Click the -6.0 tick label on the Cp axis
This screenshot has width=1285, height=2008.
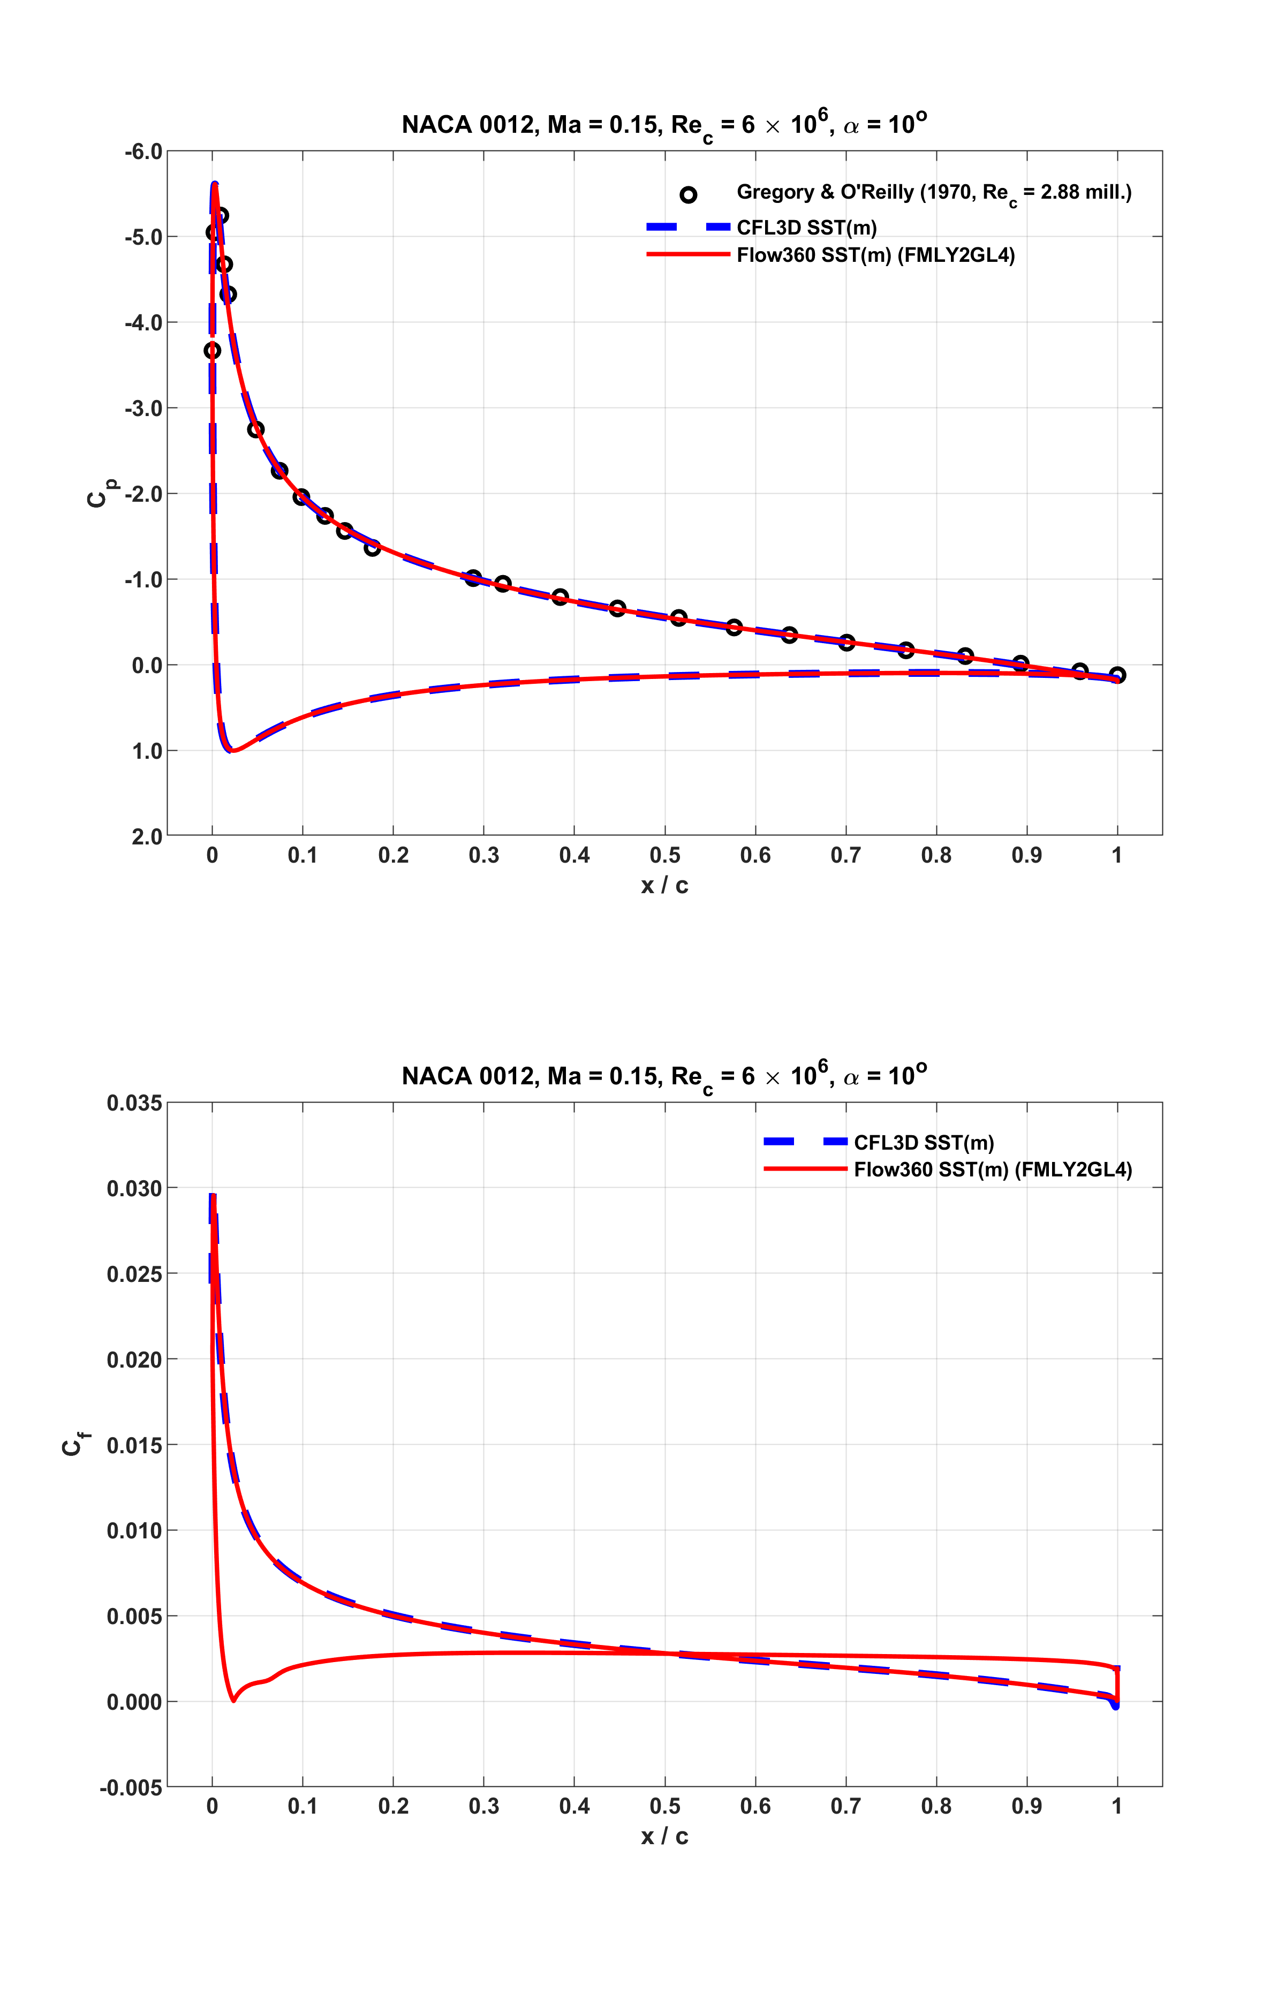pos(142,152)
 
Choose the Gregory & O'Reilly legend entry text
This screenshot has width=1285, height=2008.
pos(934,193)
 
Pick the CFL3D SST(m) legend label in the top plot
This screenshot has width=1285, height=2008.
pos(806,228)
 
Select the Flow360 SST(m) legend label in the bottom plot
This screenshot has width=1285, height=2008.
pos(992,1169)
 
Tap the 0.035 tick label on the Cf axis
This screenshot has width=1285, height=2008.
pos(134,1103)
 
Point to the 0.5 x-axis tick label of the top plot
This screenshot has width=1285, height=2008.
pos(665,855)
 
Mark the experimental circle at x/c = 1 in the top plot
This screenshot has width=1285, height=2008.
pos(1117,675)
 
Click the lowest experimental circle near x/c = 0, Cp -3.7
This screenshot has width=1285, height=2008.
pos(212,350)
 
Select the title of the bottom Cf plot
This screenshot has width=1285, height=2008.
pos(664,1076)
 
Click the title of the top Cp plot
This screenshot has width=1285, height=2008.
pos(664,125)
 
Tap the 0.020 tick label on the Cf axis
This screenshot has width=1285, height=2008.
pos(134,1360)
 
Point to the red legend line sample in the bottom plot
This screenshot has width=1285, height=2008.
pos(805,1169)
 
